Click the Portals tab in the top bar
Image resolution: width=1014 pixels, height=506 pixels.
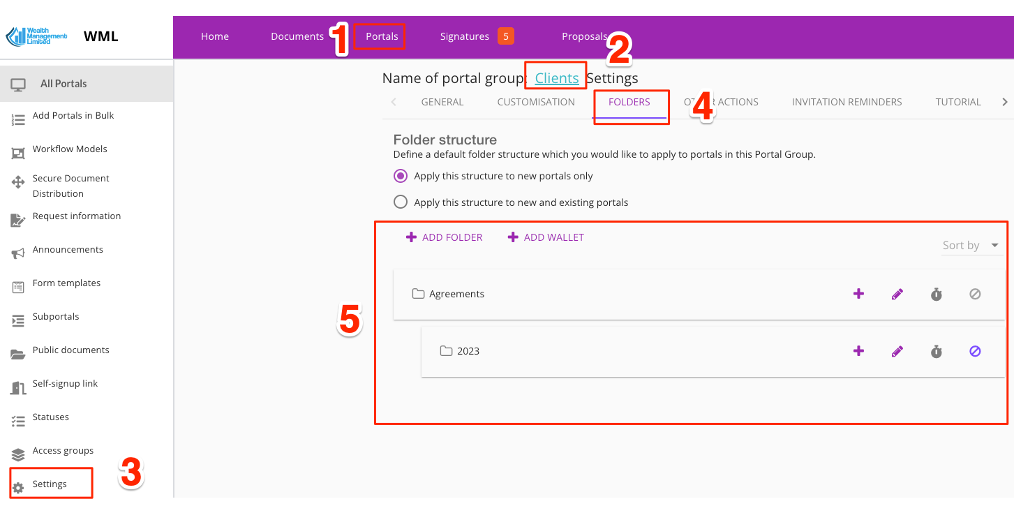click(382, 36)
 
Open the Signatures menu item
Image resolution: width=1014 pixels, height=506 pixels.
click(465, 36)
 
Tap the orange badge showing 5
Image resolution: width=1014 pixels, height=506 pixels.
click(506, 36)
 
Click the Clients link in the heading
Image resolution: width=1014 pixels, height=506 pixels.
click(557, 78)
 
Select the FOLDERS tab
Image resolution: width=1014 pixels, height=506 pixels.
click(629, 103)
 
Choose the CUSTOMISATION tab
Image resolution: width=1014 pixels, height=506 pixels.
click(536, 103)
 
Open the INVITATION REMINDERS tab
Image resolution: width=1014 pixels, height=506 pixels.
click(847, 103)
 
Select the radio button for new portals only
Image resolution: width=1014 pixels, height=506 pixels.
click(401, 176)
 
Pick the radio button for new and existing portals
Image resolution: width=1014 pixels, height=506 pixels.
click(401, 202)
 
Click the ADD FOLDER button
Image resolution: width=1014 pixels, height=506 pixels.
click(444, 237)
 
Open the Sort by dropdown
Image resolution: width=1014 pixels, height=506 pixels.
click(971, 245)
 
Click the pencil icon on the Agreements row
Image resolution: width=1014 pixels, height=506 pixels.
click(897, 295)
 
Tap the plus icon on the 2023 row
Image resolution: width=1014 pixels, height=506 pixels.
click(858, 351)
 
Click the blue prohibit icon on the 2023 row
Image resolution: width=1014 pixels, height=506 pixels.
click(975, 351)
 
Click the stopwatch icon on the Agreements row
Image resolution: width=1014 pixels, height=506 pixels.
click(936, 295)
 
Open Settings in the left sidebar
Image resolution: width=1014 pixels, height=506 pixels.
click(50, 484)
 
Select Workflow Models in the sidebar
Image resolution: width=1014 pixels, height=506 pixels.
click(70, 149)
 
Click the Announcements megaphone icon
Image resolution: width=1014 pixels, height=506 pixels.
click(17, 253)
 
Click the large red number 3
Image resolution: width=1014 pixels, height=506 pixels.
click(131, 472)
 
